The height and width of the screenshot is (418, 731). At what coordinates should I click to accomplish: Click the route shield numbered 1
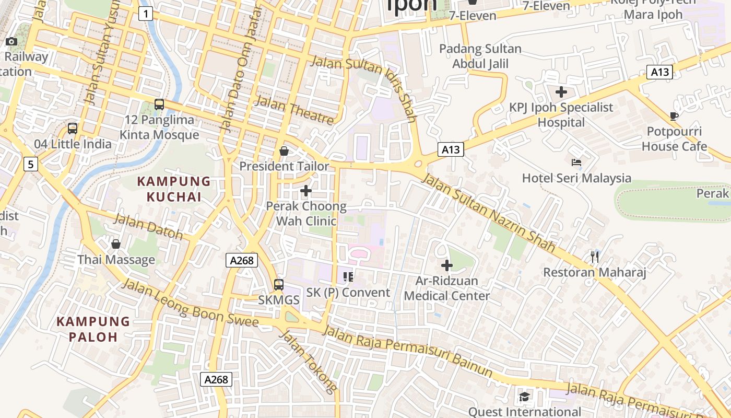pos(146,14)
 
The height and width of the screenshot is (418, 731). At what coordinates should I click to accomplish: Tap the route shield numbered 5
pos(31,164)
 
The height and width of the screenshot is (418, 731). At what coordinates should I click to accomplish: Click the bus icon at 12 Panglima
pos(159,104)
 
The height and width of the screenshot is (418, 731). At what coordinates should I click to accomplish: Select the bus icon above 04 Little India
pos(73,129)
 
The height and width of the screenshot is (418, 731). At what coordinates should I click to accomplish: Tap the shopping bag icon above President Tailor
pos(284,152)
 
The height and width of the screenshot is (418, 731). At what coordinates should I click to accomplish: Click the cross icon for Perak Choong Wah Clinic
pos(306,191)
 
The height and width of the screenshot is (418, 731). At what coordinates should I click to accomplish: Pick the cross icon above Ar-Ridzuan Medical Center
pos(447,265)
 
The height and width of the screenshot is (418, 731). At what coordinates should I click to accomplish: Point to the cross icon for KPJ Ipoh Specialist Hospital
pos(561,92)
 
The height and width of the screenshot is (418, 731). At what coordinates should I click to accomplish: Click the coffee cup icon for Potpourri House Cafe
pos(674,116)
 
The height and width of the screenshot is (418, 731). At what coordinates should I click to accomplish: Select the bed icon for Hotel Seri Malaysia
pos(576,162)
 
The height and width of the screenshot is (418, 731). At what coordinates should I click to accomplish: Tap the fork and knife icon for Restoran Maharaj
pos(595,257)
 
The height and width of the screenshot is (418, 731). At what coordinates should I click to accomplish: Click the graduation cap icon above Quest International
pos(524,397)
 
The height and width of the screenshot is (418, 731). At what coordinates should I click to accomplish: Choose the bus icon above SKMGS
pos(279,285)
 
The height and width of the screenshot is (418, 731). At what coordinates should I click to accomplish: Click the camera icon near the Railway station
pos(11,42)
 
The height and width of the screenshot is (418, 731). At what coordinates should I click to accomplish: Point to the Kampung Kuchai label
pos(174,189)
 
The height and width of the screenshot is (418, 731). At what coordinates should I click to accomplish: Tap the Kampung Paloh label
pos(93,329)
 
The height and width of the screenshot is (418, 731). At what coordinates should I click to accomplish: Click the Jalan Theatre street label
pos(295,111)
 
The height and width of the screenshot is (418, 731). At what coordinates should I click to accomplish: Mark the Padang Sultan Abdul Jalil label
pos(480,56)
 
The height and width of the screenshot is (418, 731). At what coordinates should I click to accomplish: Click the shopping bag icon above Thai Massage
pos(116,244)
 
